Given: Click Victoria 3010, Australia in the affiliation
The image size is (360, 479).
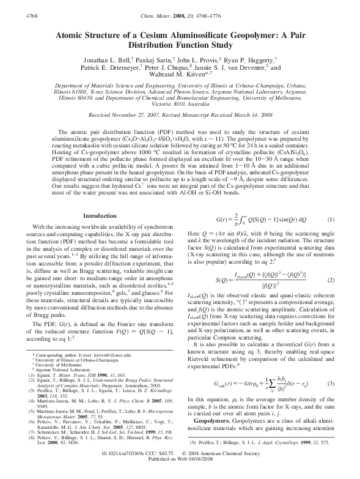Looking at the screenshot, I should click(x=180, y=103).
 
